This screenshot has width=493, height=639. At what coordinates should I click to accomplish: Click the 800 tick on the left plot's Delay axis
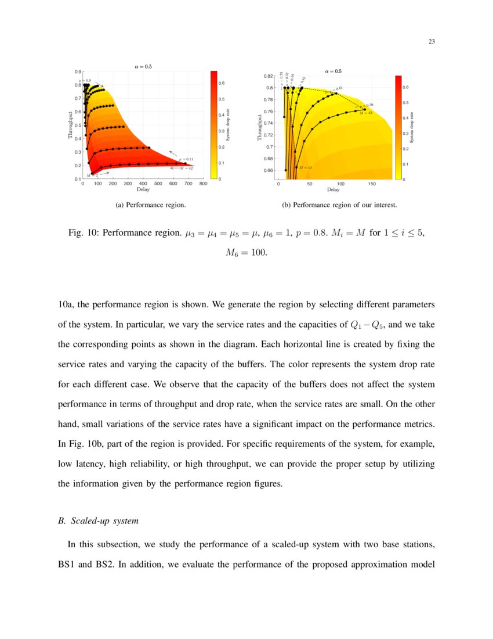(203, 184)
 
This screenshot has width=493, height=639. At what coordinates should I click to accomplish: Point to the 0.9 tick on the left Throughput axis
(78, 71)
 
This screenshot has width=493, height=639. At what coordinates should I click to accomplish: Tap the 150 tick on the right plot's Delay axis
(371, 184)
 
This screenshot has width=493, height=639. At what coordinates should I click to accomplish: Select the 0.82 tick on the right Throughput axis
(269, 76)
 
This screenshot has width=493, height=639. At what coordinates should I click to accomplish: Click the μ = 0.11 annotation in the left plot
(186, 159)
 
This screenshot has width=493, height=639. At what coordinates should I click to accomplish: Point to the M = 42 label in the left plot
(186, 168)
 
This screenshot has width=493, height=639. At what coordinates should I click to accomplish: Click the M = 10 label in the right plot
(305, 167)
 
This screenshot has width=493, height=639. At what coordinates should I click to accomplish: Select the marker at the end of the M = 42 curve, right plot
(364, 109)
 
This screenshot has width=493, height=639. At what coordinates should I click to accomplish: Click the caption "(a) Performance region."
(151, 205)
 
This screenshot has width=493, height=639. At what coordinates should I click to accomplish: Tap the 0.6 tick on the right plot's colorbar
(406, 87)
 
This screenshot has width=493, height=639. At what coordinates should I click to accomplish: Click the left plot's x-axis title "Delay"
(143, 190)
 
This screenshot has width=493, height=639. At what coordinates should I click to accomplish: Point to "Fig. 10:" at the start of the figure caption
(82, 233)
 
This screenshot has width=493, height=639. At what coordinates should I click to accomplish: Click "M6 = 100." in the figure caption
(246, 253)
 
